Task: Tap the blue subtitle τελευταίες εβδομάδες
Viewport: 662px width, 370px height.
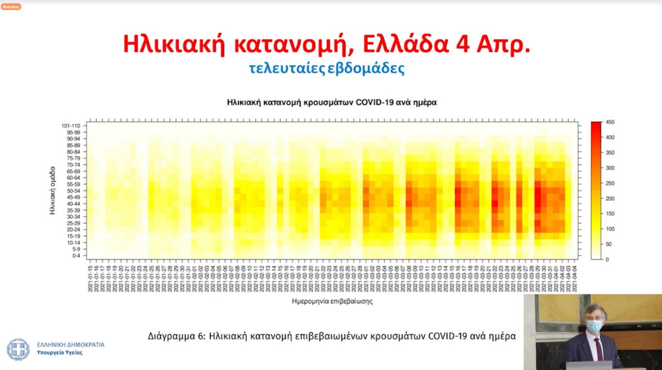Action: point(326,68)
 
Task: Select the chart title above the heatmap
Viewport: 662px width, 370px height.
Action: point(332,103)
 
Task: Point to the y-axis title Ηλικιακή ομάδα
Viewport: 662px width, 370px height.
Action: point(52,191)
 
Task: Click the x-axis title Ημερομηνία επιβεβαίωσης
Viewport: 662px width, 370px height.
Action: point(332,301)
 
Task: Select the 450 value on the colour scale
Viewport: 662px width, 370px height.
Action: point(610,122)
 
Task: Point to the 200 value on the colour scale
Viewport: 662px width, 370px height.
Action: point(610,199)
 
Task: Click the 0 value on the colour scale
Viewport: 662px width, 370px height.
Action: point(607,259)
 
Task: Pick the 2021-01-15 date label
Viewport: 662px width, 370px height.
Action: point(90,279)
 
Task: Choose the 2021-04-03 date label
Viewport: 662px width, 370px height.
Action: point(575,279)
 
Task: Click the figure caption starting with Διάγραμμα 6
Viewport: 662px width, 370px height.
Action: point(332,336)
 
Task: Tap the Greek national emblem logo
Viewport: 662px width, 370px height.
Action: point(18,349)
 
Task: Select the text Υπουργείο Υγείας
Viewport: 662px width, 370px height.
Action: point(60,353)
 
